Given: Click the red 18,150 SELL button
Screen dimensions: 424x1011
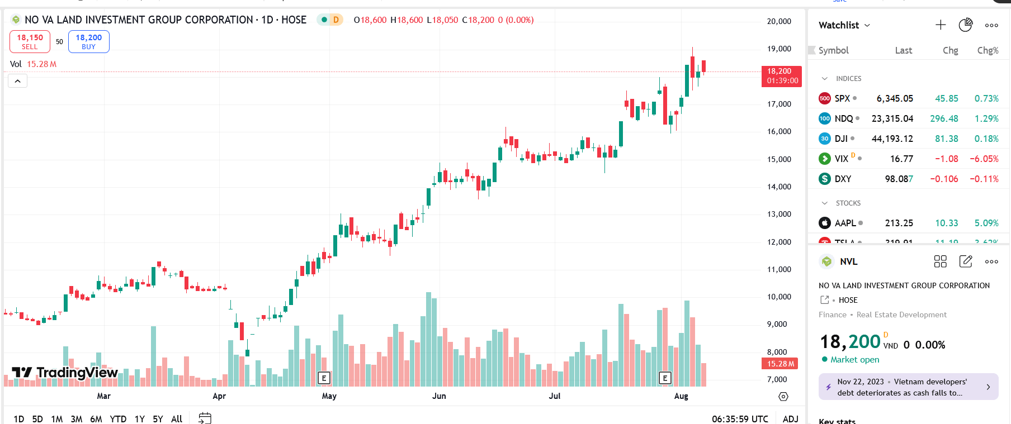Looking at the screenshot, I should (x=30, y=41).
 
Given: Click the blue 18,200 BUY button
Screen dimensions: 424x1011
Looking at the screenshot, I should (x=88, y=41).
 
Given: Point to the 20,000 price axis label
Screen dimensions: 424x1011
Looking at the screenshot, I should (x=779, y=21).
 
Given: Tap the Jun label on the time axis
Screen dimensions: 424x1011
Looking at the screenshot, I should (x=439, y=396).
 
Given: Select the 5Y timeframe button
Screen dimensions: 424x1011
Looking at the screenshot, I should (x=158, y=419).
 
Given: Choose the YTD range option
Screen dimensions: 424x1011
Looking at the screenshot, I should (x=118, y=419).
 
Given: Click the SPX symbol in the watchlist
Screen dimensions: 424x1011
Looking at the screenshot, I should (x=842, y=99).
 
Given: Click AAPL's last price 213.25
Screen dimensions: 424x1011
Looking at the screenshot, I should (x=899, y=223).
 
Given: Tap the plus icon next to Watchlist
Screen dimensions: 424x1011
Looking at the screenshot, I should (x=941, y=25).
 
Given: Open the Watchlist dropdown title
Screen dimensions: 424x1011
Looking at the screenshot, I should (x=844, y=25).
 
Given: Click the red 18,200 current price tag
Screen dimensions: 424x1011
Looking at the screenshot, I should (x=781, y=76).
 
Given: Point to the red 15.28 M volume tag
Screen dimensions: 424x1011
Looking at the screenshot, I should (x=780, y=364).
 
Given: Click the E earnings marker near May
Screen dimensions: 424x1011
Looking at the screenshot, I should (x=324, y=378).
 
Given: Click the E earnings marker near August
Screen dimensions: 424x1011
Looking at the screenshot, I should (x=665, y=378).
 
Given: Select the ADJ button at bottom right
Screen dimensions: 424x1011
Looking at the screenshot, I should (x=790, y=419).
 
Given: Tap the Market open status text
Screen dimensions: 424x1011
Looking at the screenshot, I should (x=854, y=360).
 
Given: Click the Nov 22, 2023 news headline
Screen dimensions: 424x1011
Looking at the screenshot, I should (x=902, y=387).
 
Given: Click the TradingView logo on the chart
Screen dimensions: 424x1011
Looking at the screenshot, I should (x=65, y=373).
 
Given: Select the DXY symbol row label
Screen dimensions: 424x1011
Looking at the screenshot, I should (x=843, y=179).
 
